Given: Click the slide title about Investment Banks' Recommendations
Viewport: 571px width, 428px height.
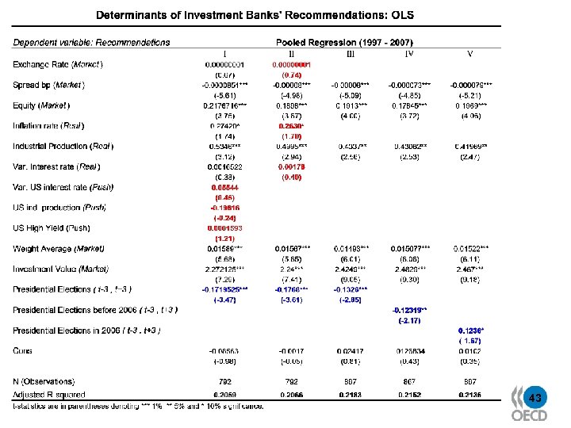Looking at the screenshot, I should [255, 15].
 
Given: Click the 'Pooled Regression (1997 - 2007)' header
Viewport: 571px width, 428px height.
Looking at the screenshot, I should [343, 42].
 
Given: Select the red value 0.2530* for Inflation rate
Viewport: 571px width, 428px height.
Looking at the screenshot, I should [291, 126].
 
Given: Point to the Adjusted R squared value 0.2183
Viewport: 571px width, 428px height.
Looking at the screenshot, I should [350, 393].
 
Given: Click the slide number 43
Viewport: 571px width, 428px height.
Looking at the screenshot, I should [535, 397].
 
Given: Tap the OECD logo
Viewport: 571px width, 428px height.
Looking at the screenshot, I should [528, 415].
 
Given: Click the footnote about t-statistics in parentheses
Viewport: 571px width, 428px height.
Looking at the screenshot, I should [138, 406].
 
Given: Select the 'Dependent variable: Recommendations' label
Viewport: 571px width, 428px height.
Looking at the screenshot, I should [91, 42].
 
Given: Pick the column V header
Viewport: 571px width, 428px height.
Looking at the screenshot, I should [470, 54].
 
